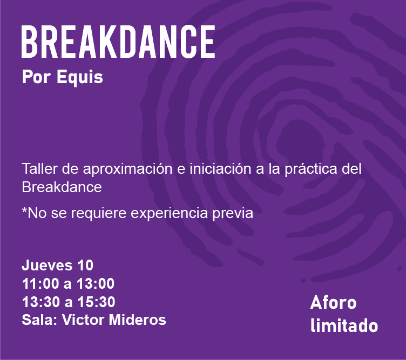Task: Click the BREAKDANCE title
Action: (118, 42)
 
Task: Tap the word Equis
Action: (80, 77)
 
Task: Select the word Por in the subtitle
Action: (36, 77)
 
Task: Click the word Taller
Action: (39, 169)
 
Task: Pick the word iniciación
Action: (221, 169)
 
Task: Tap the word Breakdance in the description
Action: (62, 187)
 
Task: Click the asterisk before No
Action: (24, 209)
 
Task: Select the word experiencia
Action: (170, 214)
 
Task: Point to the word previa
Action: (233, 214)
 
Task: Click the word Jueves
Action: (47, 265)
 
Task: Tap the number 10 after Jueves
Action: (85, 265)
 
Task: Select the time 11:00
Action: (40, 283)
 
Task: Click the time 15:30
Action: (96, 302)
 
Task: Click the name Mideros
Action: (138, 320)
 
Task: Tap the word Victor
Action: (83, 320)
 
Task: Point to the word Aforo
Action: (333, 303)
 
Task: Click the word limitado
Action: (344, 325)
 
